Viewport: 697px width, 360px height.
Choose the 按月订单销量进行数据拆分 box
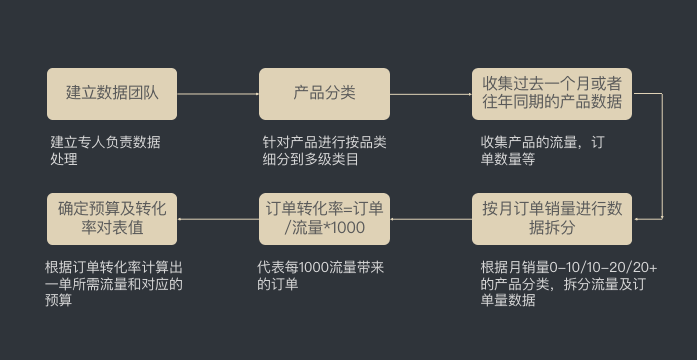point(551,219)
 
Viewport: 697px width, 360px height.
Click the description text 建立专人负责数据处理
point(104,150)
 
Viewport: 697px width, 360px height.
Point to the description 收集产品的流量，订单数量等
point(541,150)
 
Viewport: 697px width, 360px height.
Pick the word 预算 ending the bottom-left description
point(59,299)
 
